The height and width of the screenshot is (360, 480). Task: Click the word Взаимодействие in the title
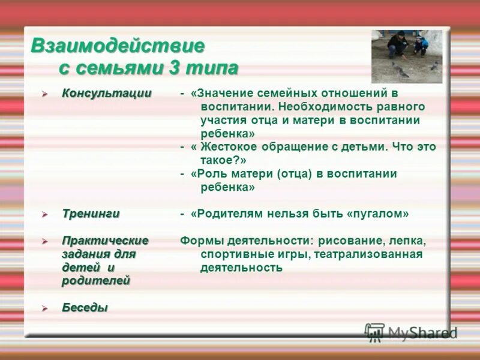coord(118,46)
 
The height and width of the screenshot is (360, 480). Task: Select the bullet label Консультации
coord(106,94)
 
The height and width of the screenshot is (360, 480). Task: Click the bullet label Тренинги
coord(91,214)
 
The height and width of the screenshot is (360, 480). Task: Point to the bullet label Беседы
coord(85,308)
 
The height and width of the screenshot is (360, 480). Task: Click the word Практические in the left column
coord(105,241)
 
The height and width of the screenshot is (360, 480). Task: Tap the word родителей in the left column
coord(95,281)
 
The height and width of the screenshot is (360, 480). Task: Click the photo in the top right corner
coord(406,56)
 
